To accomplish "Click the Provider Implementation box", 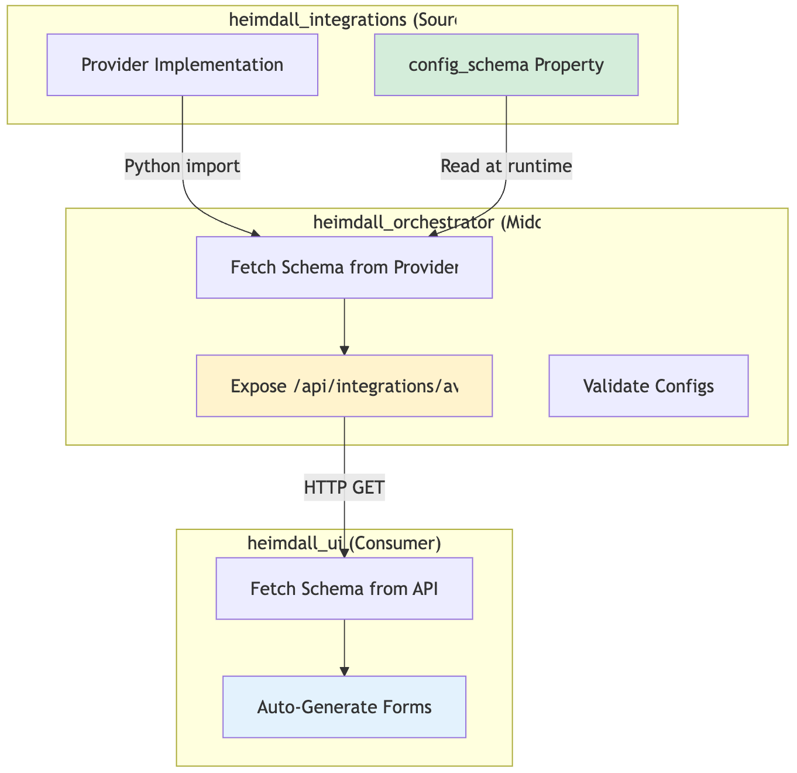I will click(x=182, y=65).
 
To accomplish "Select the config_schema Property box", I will click(x=506, y=65).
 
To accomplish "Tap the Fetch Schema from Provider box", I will click(x=344, y=268).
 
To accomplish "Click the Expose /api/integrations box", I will click(x=344, y=386).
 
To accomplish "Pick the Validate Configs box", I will click(x=648, y=386).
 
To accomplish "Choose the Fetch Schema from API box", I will click(x=344, y=589).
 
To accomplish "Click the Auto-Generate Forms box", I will click(x=344, y=707).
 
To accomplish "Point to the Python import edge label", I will click(x=183, y=167).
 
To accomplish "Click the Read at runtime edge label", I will click(x=506, y=167).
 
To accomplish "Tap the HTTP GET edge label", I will click(x=344, y=487).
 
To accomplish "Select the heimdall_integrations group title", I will click(x=342, y=20).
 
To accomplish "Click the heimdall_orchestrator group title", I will click(x=427, y=222).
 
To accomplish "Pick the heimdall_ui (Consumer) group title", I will click(x=344, y=543).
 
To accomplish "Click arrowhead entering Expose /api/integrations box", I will click(x=345, y=350).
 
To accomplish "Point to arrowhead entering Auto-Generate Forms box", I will click(x=345, y=671).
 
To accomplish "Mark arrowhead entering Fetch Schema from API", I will click(x=345, y=553).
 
